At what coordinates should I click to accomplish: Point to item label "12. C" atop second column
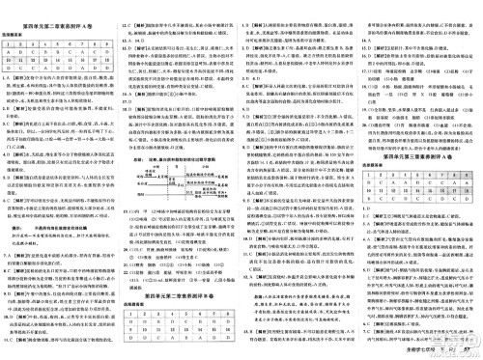131,7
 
